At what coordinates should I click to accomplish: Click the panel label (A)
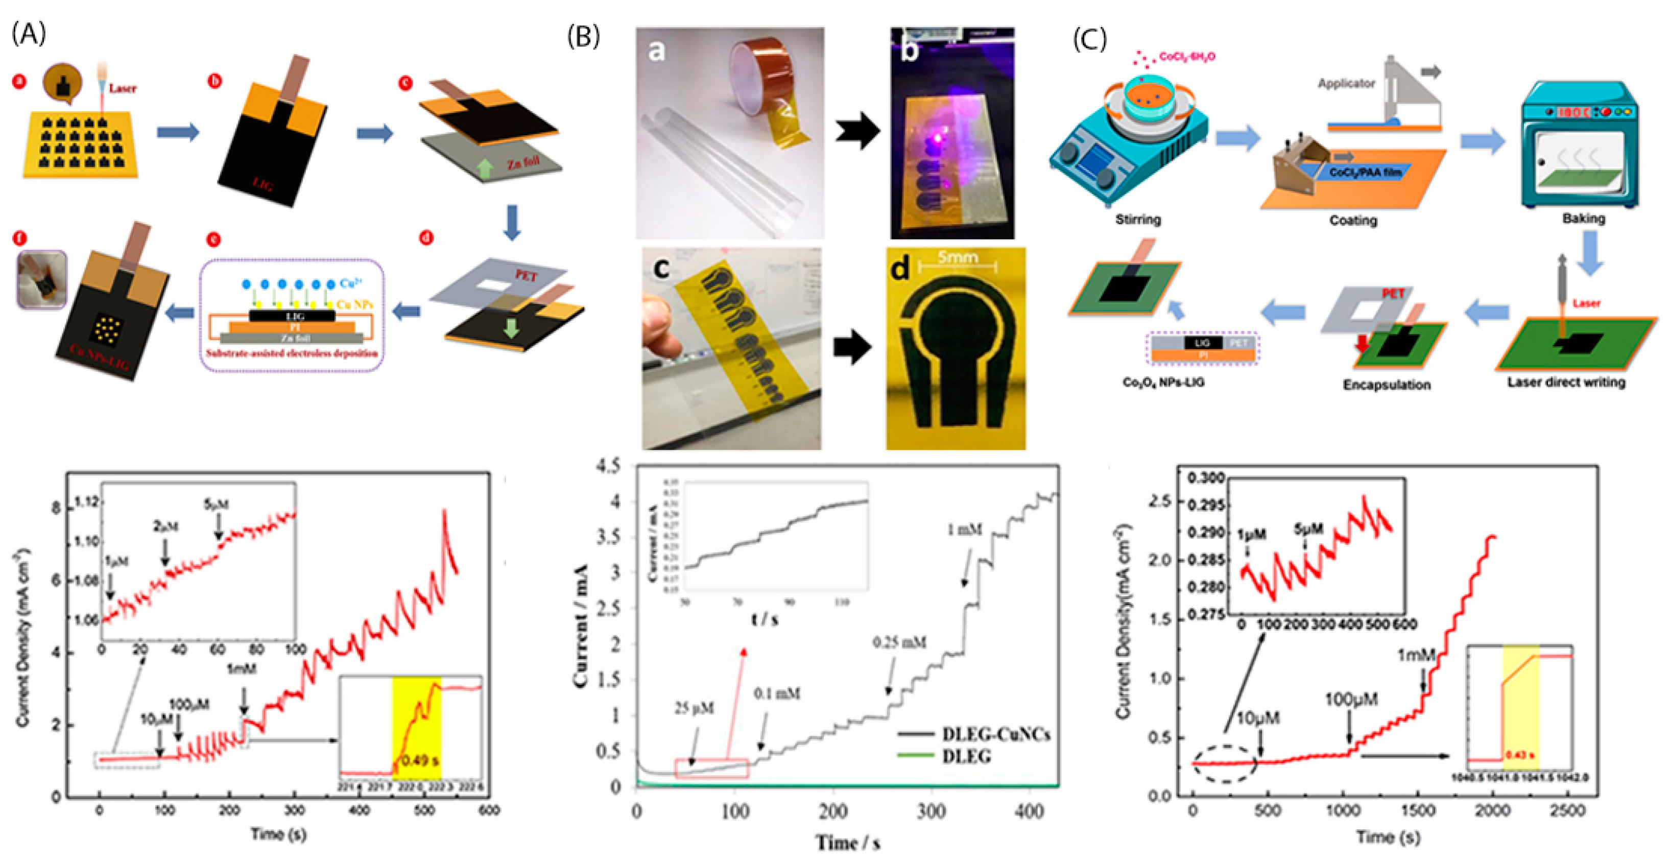[x=29, y=34]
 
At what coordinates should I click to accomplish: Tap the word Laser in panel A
[x=123, y=88]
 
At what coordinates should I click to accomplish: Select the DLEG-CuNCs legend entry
[x=994, y=735]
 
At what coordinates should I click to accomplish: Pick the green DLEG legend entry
[x=965, y=756]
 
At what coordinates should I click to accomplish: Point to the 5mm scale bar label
[x=958, y=257]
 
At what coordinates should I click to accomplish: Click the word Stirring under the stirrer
[x=1138, y=220]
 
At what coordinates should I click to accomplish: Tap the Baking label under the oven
[x=1584, y=219]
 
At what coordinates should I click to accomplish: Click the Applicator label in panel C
[x=1346, y=84]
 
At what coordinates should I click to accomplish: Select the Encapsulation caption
[x=1386, y=385]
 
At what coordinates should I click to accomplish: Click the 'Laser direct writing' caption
[x=1566, y=382]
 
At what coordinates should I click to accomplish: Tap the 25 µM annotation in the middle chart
[x=694, y=709]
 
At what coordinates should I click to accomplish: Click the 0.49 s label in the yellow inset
[x=419, y=760]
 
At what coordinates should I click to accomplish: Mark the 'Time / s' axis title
[x=847, y=843]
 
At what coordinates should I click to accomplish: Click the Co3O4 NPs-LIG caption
[x=1163, y=383]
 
